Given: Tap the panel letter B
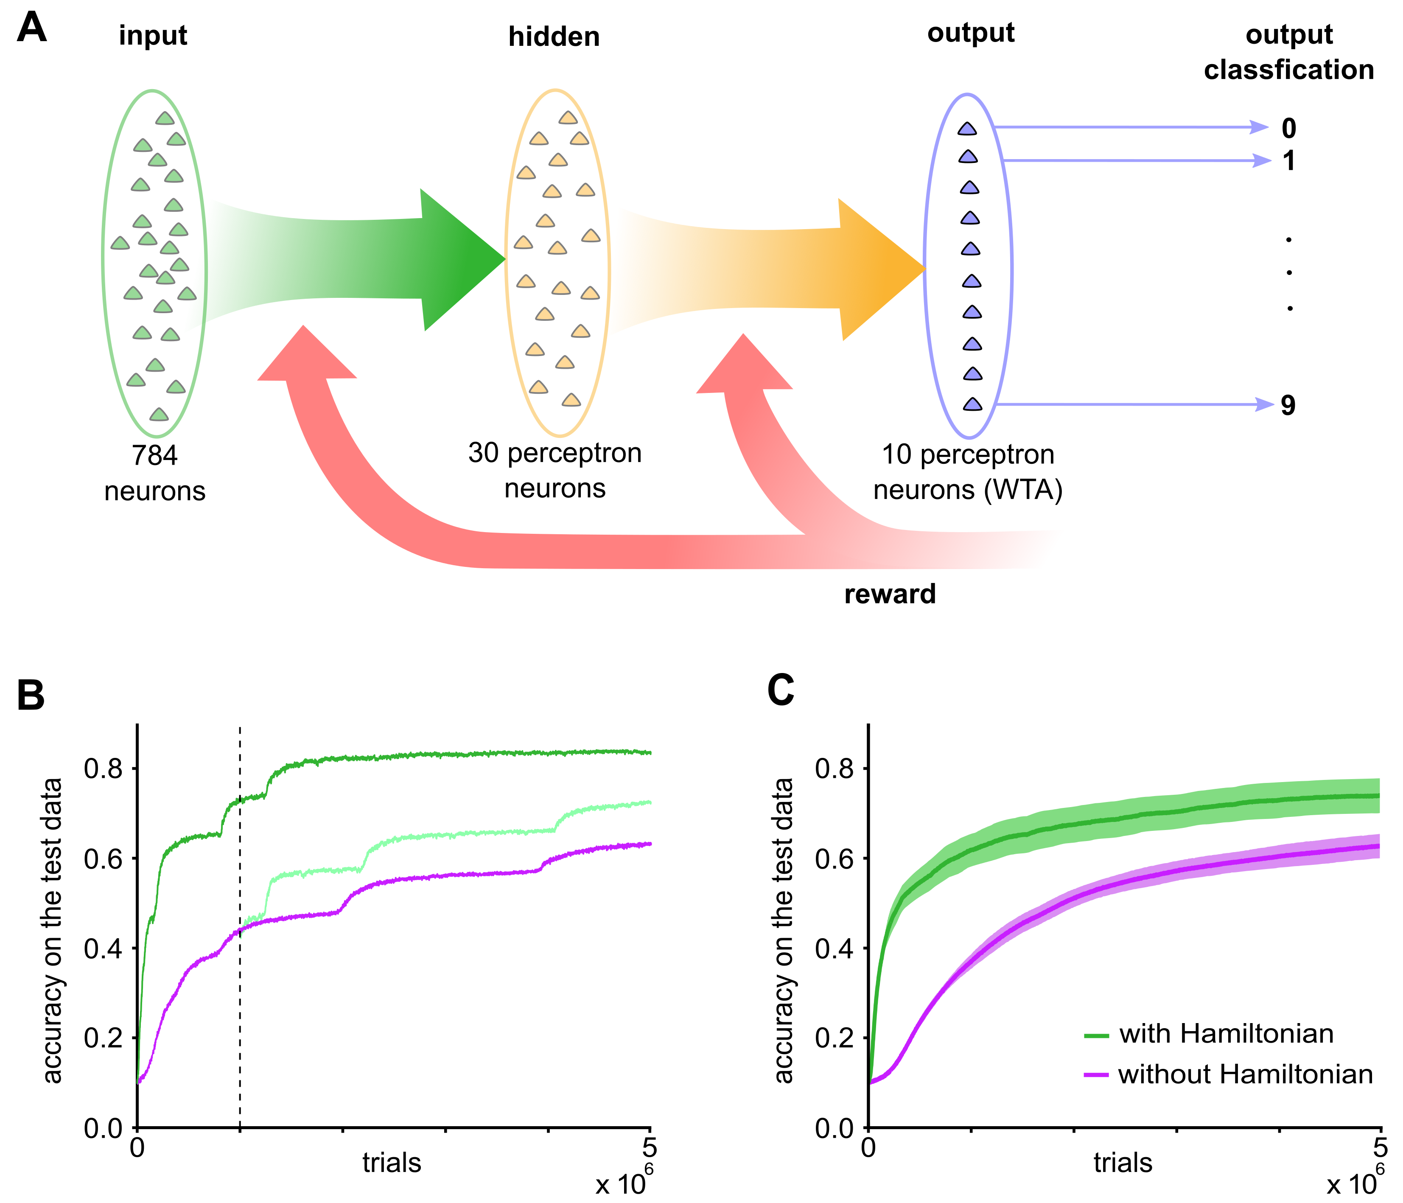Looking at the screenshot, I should [x=31, y=695].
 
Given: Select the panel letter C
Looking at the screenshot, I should [x=780, y=691].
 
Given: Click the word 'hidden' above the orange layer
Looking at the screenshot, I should [x=554, y=36].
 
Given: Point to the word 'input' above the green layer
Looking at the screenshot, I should [x=153, y=35].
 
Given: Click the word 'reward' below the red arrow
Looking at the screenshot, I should [x=890, y=594].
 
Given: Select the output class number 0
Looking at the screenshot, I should [x=1288, y=128].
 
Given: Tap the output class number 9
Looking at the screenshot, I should [x=1288, y=405].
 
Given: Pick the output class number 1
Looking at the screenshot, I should [x=1288, y=161].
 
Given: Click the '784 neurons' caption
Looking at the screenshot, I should [x=154, y=473].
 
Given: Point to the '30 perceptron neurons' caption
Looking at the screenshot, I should [x=554, y=470].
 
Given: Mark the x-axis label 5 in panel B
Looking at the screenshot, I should [x=650, y=1147].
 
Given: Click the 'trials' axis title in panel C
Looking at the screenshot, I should [x=1123, y=1163].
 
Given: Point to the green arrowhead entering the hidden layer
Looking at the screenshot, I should [x=460, y=259].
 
